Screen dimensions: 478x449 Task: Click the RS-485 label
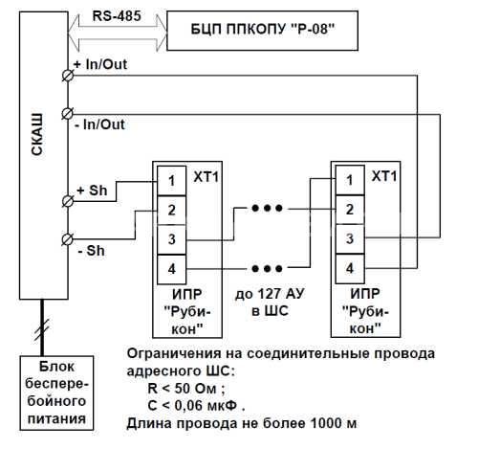tap(117, 16)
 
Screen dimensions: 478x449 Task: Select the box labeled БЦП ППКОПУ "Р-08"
tap(262, 31)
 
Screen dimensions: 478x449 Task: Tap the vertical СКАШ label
tap(37, 134)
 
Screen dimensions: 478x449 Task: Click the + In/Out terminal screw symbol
tap(68, 76)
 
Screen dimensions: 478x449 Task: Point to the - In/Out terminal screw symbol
tap(68, 114)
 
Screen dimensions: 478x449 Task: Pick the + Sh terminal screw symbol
tap(68, 201)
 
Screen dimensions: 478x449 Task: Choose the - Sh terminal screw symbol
tap(68, 239)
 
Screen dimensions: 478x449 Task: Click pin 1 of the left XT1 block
tap(172, 181)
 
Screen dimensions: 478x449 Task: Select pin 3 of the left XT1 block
tap(172, 239)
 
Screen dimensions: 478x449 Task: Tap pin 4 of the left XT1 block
tap(172, 269)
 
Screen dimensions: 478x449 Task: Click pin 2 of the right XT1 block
tap(350, 210)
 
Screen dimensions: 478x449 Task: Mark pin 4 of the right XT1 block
tap(350, 268)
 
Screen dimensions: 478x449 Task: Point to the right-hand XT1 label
tap(384, 176)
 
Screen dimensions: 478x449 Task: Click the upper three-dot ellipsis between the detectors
tap(267, 209)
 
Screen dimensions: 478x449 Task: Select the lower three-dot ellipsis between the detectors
tap(267, 269)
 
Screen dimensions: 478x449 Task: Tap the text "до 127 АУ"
tap(270, 294)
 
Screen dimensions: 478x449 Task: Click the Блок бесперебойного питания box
tap(56, 393)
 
